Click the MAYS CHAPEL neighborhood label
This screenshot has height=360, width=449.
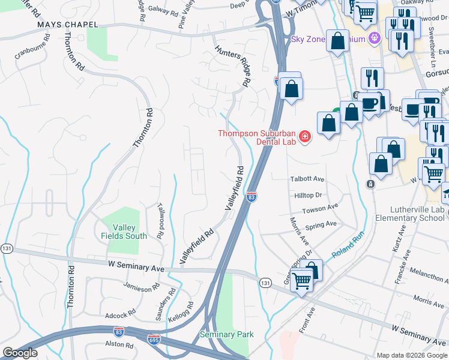(x=67, y=25)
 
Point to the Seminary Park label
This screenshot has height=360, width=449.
(x=226, y=334)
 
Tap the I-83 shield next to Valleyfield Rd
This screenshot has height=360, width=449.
(x=252, y=196)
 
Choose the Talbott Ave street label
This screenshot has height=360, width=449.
(x=307, y=179)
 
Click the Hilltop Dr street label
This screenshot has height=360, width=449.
(x=308, y=195)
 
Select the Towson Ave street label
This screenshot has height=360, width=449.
(x=320, y=208)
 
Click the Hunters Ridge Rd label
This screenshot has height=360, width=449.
(x=230, y=60)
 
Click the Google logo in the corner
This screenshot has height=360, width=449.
(x=20, y=353)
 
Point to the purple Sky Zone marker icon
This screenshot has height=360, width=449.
(x=375, y=39)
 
